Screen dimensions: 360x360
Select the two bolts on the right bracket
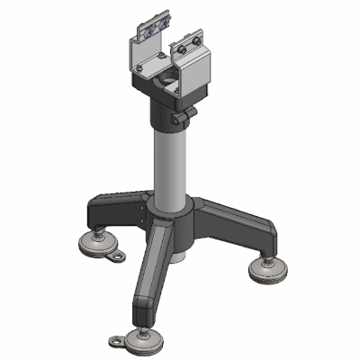click(x=186, y=46)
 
